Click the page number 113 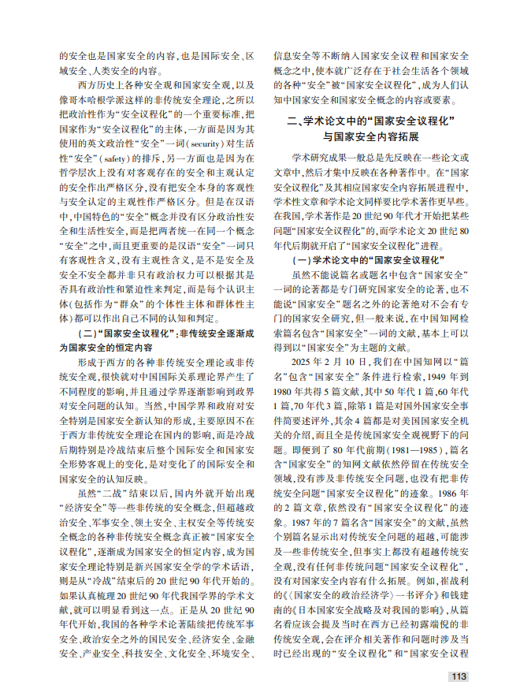[458, 676]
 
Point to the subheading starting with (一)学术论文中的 [367, 259]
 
